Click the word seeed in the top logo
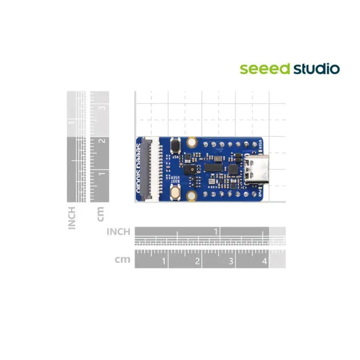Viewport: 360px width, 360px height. [265, 69]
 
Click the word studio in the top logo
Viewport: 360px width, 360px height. [316, 68]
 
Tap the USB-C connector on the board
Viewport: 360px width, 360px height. [256, 169]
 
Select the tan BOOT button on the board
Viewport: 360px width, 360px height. [176, 191]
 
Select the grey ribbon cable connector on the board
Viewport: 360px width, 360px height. [153, 169]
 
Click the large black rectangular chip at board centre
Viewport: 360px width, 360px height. [212, 167]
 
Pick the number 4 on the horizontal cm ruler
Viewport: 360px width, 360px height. [264, 261]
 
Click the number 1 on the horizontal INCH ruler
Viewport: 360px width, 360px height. [217, 231]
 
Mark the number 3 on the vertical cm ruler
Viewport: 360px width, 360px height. [102, 108]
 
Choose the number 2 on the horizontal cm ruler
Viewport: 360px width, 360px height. [197, 261]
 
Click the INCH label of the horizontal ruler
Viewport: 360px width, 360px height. [118, 232]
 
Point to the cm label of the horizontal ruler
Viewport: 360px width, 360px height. [122, 260]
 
